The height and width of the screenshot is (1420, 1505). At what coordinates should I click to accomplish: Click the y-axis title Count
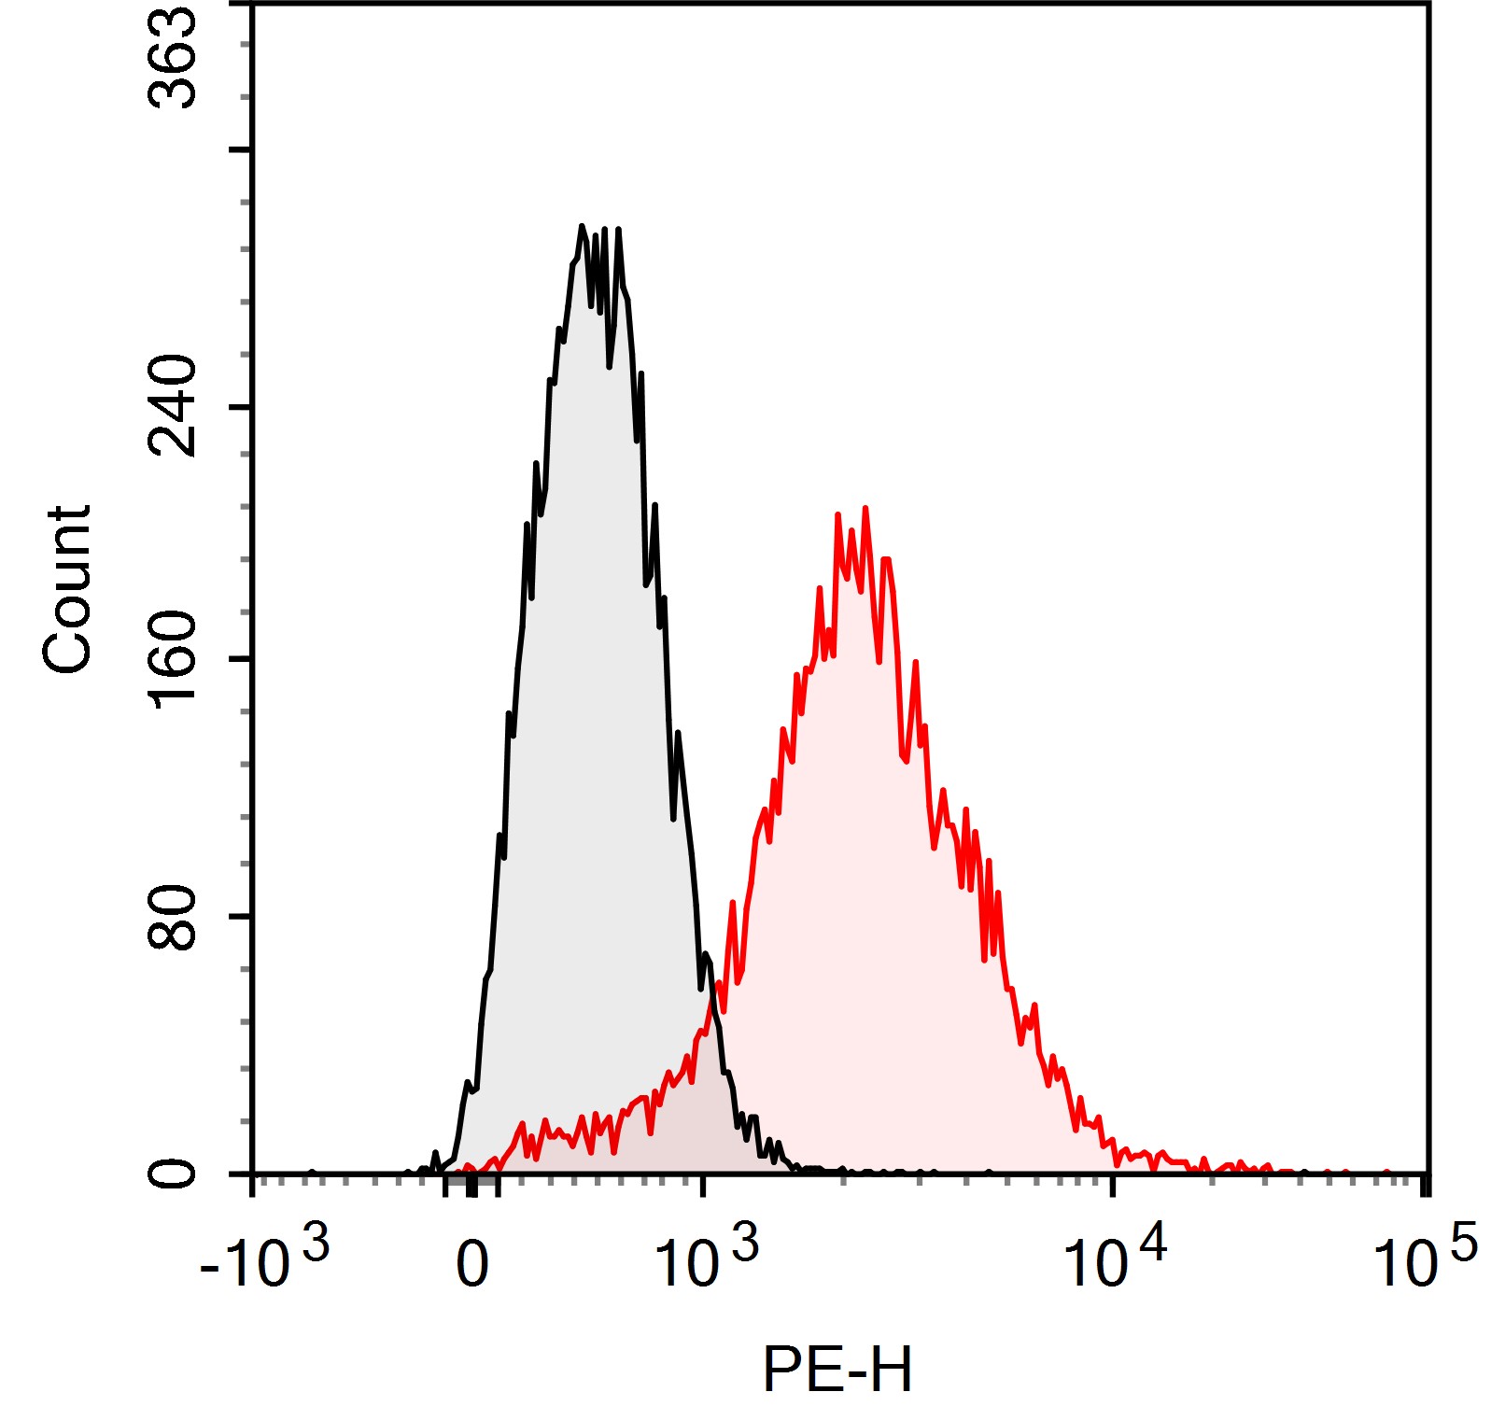[x=67, y=589]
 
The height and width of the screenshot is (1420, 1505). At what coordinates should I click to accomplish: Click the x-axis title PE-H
[x=837, y=1370]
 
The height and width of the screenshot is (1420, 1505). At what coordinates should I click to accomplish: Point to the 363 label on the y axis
[x=174, y=58]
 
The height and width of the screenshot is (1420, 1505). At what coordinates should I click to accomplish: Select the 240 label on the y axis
[x=174, y=406]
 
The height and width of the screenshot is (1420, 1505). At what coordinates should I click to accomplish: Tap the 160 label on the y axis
[x=174, y=659]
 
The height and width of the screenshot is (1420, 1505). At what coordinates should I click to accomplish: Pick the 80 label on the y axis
[x=174, y=916]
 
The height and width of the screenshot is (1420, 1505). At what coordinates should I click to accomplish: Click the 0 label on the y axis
[x=174, y=1173]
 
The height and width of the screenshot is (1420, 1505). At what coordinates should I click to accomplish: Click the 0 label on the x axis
[x=472, y=1265]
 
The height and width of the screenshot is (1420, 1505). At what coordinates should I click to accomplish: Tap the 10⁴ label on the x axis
[x=1115, y=1260]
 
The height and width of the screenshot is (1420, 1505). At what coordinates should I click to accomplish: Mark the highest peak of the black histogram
[x=582, y=227]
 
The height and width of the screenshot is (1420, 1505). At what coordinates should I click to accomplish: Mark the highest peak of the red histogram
[x=865, y=509]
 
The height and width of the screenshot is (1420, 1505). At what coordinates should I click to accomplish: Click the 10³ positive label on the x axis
[x=707, y=1260]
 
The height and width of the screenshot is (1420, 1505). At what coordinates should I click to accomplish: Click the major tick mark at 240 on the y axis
[x=241, y=406]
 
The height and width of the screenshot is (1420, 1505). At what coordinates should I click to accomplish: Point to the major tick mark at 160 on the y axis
[x=241, y=659]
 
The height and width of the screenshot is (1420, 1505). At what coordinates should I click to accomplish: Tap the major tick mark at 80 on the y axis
[x=241, y=916]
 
